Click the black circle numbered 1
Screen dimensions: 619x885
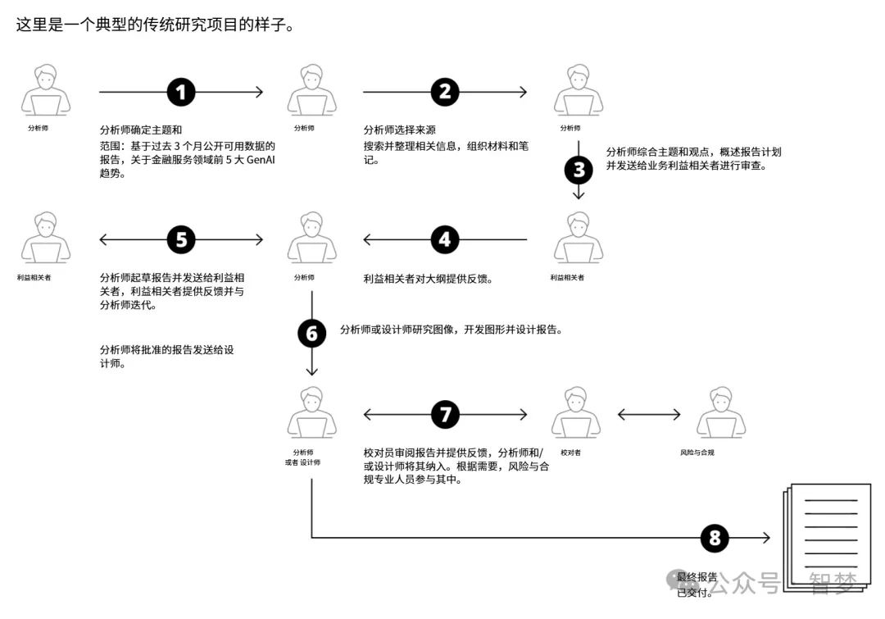[x=181, y=92]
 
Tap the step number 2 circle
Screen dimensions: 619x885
[x=445, y=92]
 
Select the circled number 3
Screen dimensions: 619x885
[x=579, y=170]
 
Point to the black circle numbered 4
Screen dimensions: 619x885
[x=445, y=239]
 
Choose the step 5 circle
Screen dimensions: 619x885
[x=181, y=239]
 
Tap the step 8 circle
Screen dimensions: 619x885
[x=715, y=538]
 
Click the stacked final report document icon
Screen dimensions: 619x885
[x=826, y=533]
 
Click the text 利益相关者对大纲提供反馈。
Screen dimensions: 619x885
[x=427, y=279]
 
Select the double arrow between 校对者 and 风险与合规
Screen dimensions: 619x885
[x=649, y=415]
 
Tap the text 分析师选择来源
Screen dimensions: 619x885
[x=399, y=130]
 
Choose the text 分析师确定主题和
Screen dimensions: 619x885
[x=140, y=130]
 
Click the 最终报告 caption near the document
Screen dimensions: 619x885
[x=697, y=576]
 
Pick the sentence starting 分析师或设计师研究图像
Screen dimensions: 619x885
[x=451, y=330]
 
